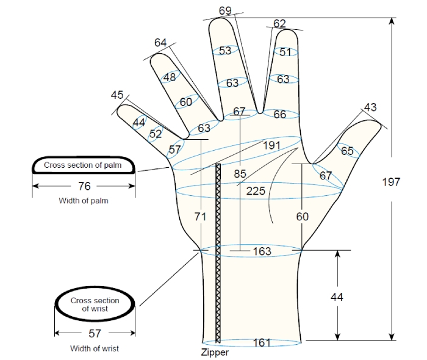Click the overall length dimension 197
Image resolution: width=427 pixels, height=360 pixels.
391,182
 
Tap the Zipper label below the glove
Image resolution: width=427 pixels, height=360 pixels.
215,353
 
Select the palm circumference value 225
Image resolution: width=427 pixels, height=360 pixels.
256,191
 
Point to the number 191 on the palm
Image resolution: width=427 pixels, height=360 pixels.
271,145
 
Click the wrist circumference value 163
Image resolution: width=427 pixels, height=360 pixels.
262,251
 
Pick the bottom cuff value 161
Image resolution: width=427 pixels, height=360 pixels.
262,342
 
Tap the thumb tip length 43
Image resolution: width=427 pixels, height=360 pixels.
370,107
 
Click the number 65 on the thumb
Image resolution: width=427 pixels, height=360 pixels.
347,151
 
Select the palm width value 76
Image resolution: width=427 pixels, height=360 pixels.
84,186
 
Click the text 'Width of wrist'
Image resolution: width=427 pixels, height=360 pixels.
95,348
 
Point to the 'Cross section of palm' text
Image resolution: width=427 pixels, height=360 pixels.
82,165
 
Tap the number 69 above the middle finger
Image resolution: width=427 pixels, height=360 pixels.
225,10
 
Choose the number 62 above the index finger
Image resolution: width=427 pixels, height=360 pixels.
279,24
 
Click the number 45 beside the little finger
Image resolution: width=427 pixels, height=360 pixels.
117,95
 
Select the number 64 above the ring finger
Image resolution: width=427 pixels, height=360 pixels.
160,43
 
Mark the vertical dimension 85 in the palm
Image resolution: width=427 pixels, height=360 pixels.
240,173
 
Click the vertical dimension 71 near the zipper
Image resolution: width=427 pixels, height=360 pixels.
200,217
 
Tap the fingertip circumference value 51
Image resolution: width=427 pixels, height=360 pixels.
285,52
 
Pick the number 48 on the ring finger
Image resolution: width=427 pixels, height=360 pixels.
170,77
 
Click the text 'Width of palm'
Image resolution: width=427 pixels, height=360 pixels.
84,201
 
